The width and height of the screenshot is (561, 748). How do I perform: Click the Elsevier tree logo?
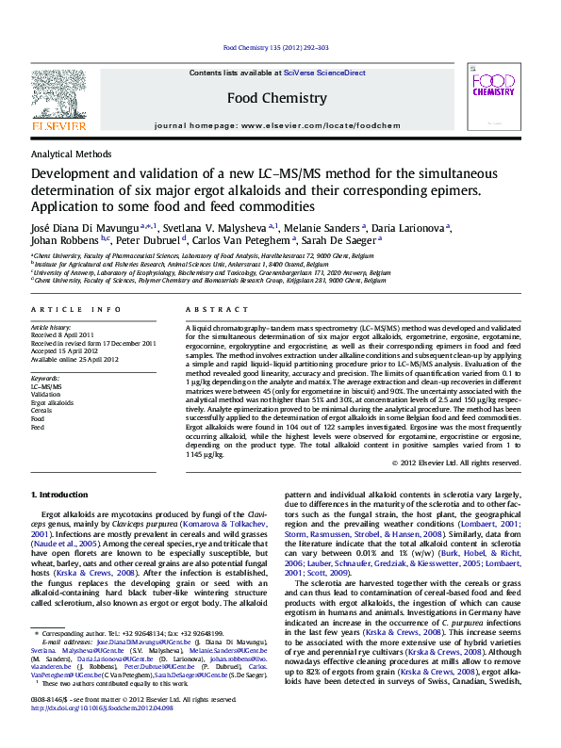[x=58, y=94]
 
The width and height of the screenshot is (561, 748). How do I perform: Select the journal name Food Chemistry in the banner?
[x=277, y=98]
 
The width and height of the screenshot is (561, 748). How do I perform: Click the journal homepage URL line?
[x=277, y=124]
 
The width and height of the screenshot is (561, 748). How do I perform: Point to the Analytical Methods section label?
[x=72, y=154]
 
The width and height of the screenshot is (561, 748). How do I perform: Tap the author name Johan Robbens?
[x=65, y=240]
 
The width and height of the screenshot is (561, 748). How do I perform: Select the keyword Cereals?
[x=41, y=411]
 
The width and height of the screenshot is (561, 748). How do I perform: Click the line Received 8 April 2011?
[x=62, y=334]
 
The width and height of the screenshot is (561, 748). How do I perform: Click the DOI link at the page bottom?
[x=108, y=731]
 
